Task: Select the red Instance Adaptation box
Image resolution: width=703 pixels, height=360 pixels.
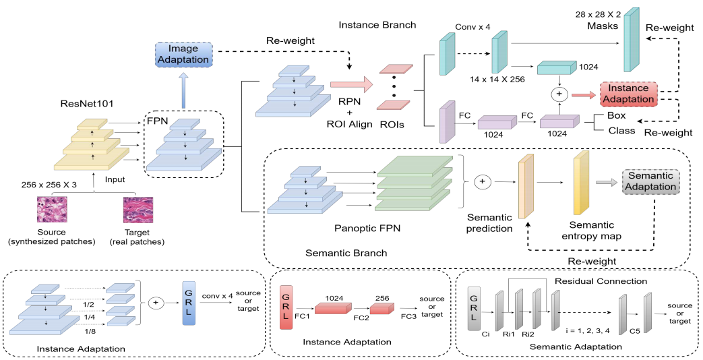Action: [627, 94]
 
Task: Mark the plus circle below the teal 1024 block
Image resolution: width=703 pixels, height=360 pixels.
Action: [558, 92]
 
